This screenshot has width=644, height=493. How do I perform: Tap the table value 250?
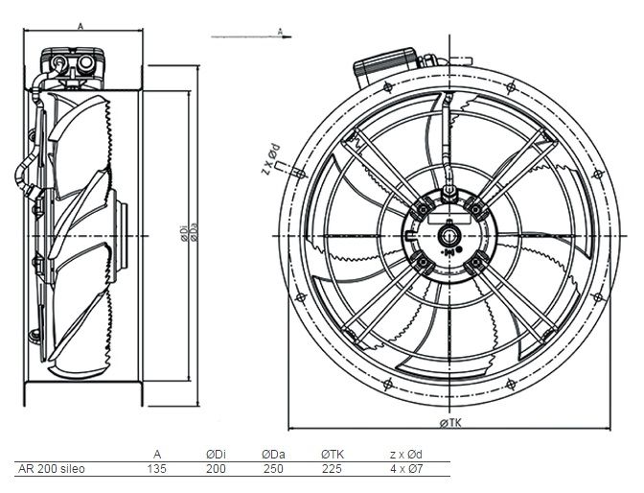tap(272, 470)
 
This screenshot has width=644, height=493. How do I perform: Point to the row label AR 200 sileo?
tap(52, 470)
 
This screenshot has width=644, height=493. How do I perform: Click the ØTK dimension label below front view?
tap(450, 423)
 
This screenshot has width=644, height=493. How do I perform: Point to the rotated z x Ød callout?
tap(269, 160)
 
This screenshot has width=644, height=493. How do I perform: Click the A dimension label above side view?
tap(80, 26)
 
